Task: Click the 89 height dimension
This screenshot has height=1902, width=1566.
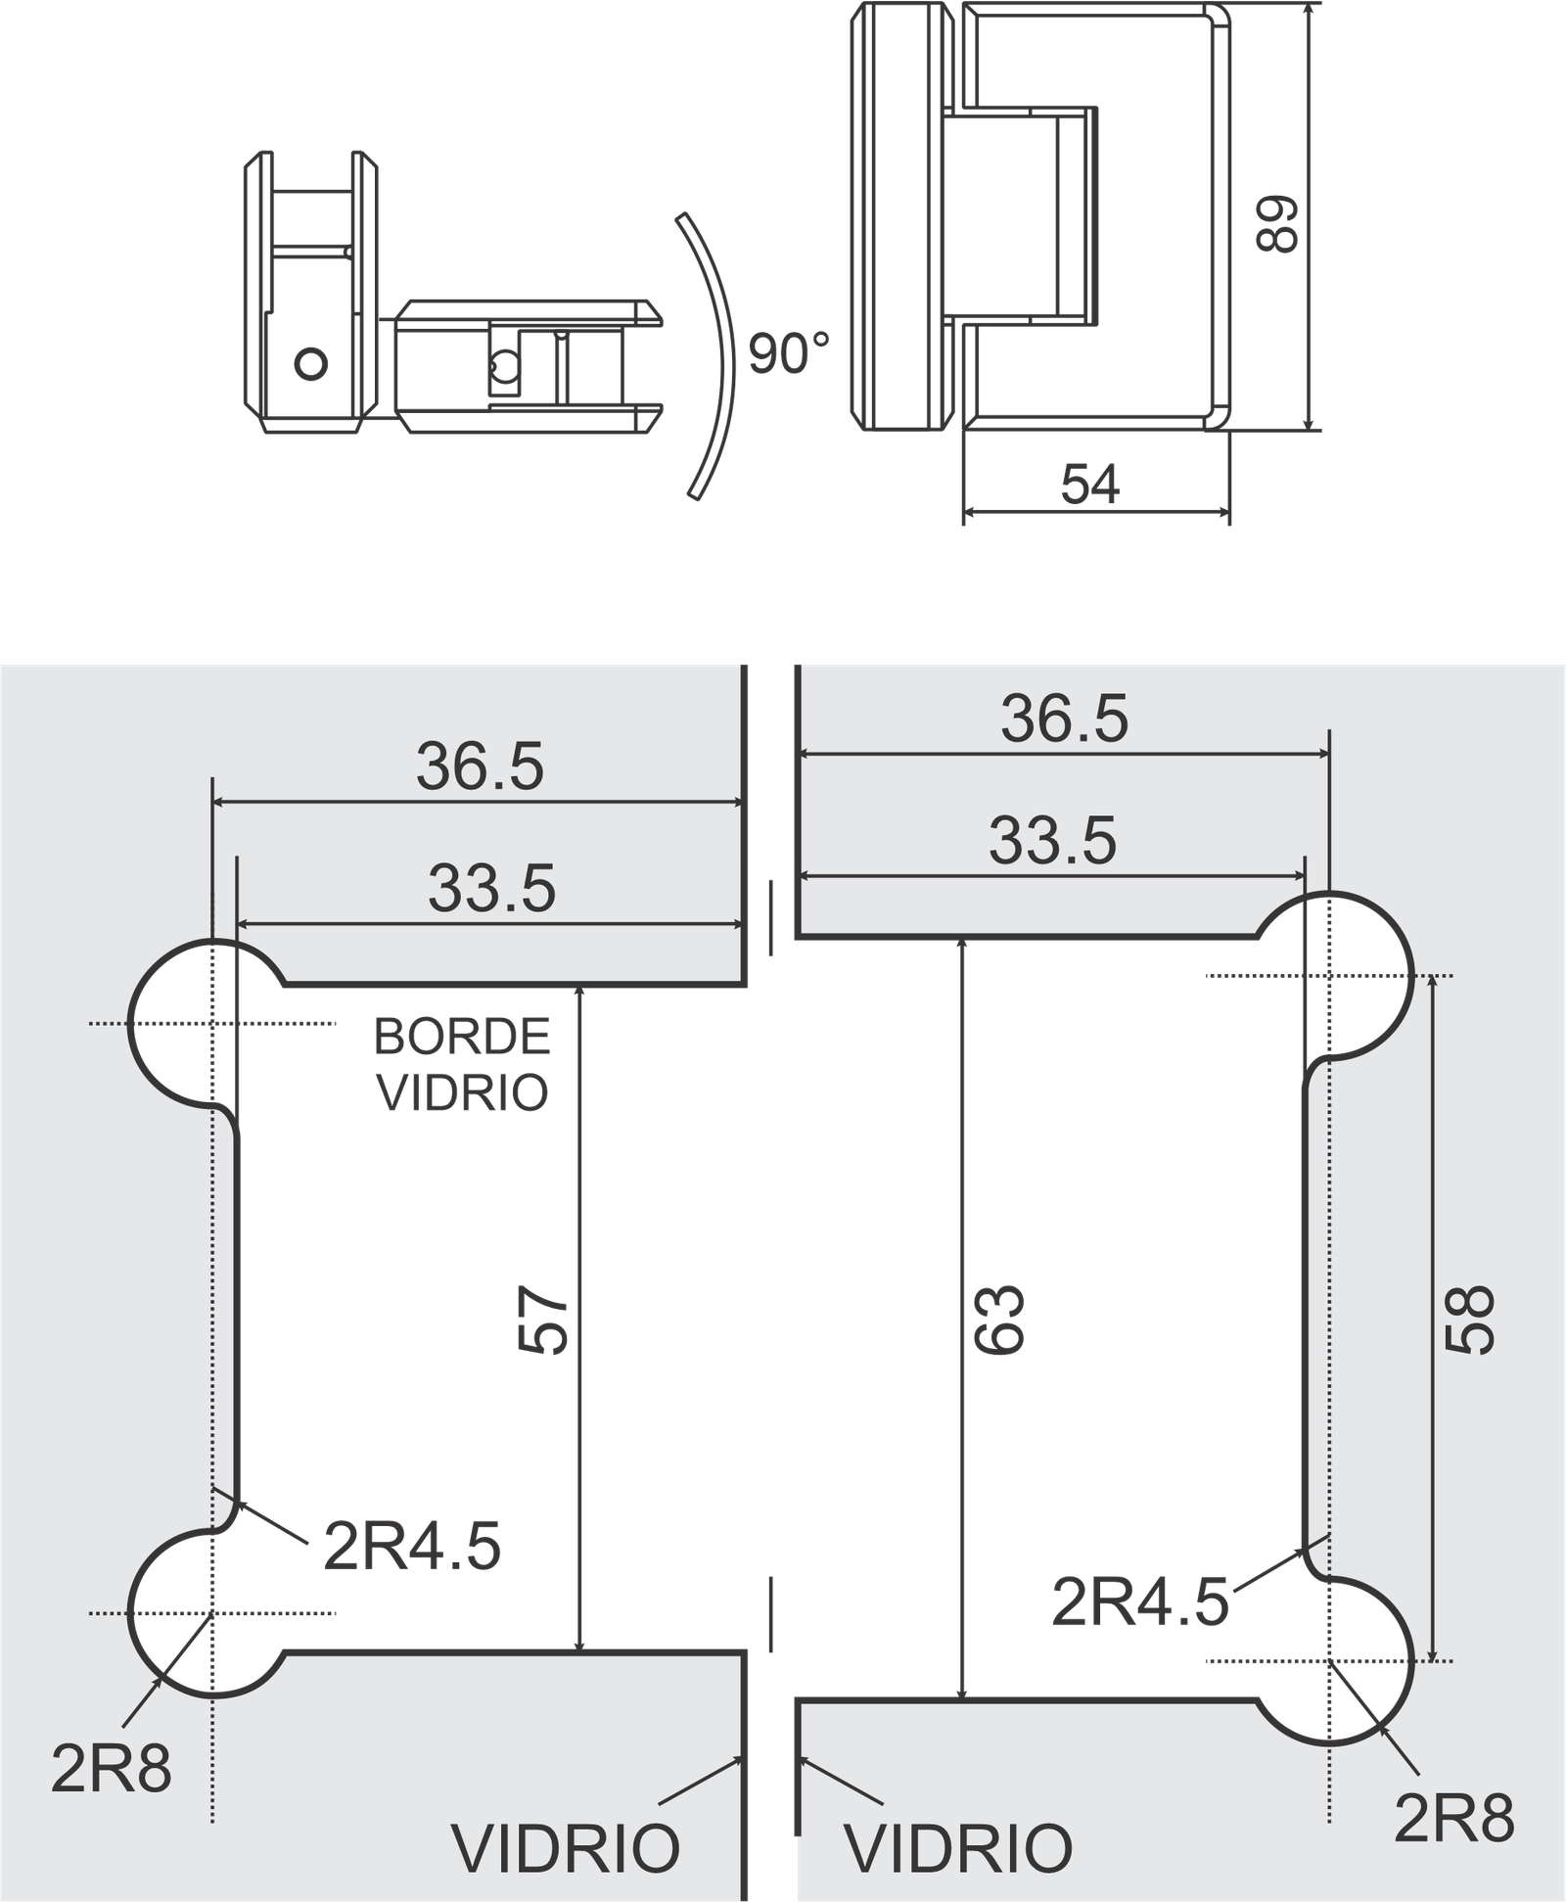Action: tap(1276, 224)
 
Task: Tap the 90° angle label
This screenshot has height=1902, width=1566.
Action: tap(789, 353)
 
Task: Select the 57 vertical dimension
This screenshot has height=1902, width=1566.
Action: tap(543, 1319)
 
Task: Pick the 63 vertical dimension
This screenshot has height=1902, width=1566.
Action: tap(999, 1319)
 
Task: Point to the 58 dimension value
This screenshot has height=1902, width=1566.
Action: tap(1471, 1319)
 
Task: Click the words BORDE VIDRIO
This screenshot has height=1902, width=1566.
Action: tap(462, 1064)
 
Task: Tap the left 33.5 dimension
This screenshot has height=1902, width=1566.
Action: tap(491, 888)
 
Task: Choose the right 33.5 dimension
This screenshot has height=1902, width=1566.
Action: tap(1052, 840)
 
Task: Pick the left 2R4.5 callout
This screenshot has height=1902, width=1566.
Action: tap(412, 1547)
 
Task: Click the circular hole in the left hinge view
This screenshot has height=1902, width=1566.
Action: tap(311, 364)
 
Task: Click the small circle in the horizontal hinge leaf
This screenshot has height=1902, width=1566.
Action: tap(505, 367)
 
